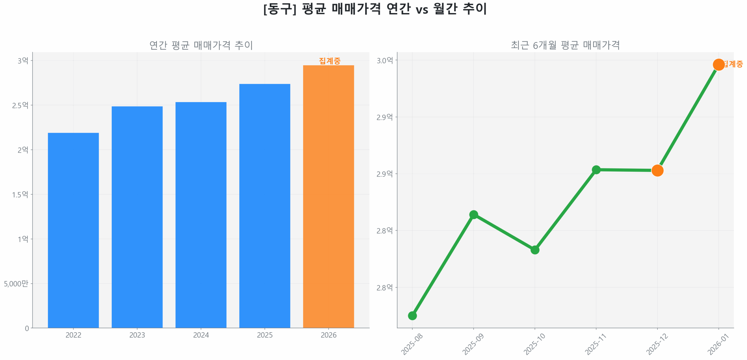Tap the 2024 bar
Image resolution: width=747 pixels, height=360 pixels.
[201, 215]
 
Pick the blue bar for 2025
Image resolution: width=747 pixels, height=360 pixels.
[264, 206]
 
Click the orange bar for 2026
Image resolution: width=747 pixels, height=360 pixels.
[328, 196]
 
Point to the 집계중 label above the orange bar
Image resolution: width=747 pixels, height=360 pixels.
[329, 61]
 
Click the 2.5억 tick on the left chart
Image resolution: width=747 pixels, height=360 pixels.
[20, 105]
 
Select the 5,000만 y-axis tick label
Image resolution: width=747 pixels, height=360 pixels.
[16, 283]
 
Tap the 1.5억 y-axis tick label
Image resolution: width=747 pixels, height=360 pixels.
[20, 194]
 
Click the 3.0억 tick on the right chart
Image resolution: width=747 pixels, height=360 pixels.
[384, 60]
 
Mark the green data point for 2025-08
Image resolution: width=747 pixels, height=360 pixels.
[412, 315]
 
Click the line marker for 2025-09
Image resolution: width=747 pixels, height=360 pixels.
[473, 215]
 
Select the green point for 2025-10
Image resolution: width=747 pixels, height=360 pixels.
[535, 250]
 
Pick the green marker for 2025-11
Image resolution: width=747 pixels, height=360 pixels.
[596, 169]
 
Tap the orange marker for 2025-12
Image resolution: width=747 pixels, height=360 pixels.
[657, 170]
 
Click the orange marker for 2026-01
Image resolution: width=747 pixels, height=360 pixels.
[718, 64]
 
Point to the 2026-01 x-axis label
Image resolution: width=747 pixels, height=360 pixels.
[718, 344]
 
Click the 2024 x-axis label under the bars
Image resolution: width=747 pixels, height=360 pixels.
[201, 335]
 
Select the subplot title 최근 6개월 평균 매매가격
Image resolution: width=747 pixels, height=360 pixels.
[565, 45]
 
